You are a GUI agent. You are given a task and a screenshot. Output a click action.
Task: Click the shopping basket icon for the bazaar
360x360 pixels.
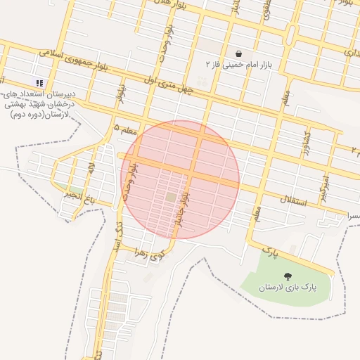pyautogui.click(x=239, y=53)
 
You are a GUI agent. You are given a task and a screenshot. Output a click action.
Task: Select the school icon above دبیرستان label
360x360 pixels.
pyautogui.click(x=39, y=83)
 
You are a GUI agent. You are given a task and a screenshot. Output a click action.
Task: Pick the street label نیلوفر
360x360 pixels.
pyautogui.click(x=122, y=93)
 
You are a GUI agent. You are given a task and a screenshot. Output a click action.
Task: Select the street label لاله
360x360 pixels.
pyautogui.click(x=91, y=169)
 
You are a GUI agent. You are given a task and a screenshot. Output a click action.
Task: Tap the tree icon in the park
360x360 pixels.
pyautogui.click(x=287, y=276)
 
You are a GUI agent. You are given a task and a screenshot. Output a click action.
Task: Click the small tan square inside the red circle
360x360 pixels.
pyautogui.click(x=171, y=198)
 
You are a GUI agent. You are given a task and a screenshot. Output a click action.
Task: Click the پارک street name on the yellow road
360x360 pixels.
pyautogui.click(x=270, y=250)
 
